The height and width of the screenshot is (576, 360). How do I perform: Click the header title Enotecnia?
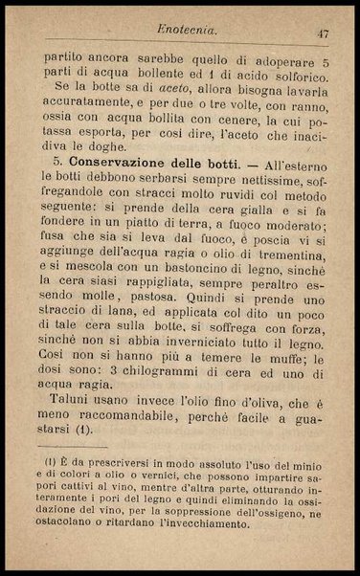click(187, 33)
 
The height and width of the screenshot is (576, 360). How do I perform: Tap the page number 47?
click(323, 33)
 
